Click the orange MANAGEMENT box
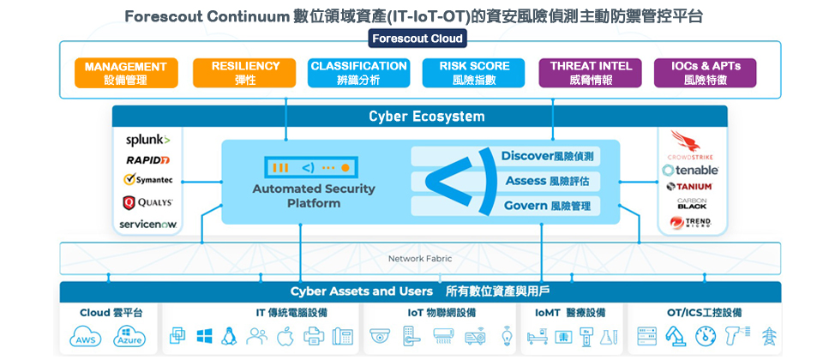click(x=125, y=73)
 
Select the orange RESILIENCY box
click(x=245, y=73)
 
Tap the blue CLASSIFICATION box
click(x=358, y=73)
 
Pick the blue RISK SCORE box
click(x=474, y=73)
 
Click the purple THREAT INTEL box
click(x=591, y=73)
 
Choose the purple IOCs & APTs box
click(x=706, y=73)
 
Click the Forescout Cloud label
click(x=418, y=39)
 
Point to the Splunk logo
click(x=147, y=140)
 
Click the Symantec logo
click(x=149, y=180)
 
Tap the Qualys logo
click(x=147, y=202)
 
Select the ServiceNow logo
click(x=147, y=224)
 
